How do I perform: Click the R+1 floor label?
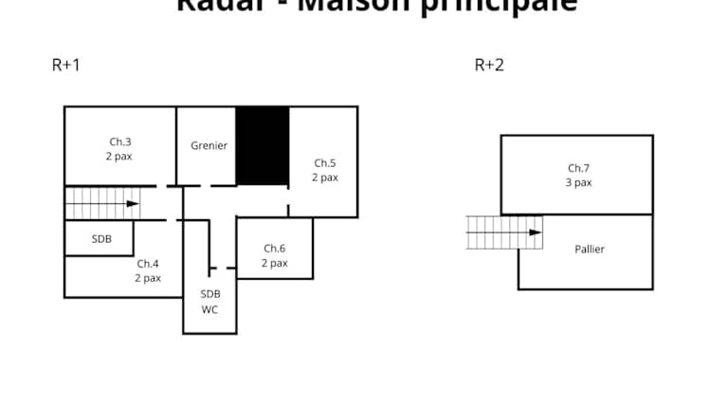tap(64, 65)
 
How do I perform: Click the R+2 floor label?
tap(489, 65)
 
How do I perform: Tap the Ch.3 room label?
tap(119, 142)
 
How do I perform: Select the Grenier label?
tap(209, 145)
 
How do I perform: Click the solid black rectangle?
tap(262, 145)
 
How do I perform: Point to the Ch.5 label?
tap(325, 163)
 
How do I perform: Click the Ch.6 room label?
tap(274, 249)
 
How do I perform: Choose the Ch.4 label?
tap(148, 264)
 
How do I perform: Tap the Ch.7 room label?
tap(578, 168)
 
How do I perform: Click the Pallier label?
tap(589, 250)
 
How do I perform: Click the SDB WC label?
tap(210, 302)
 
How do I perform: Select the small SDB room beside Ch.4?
tap(101, 239)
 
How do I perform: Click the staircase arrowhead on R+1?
tap(133, 203)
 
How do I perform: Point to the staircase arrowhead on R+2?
tap(536, 232)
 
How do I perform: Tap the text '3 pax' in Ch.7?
tap(578, 182)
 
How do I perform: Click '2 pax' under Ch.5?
tap(325, 177)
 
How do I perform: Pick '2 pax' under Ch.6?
tap(274, 263)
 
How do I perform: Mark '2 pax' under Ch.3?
tap(119, 157)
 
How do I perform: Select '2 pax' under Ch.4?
tap(148, 278)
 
